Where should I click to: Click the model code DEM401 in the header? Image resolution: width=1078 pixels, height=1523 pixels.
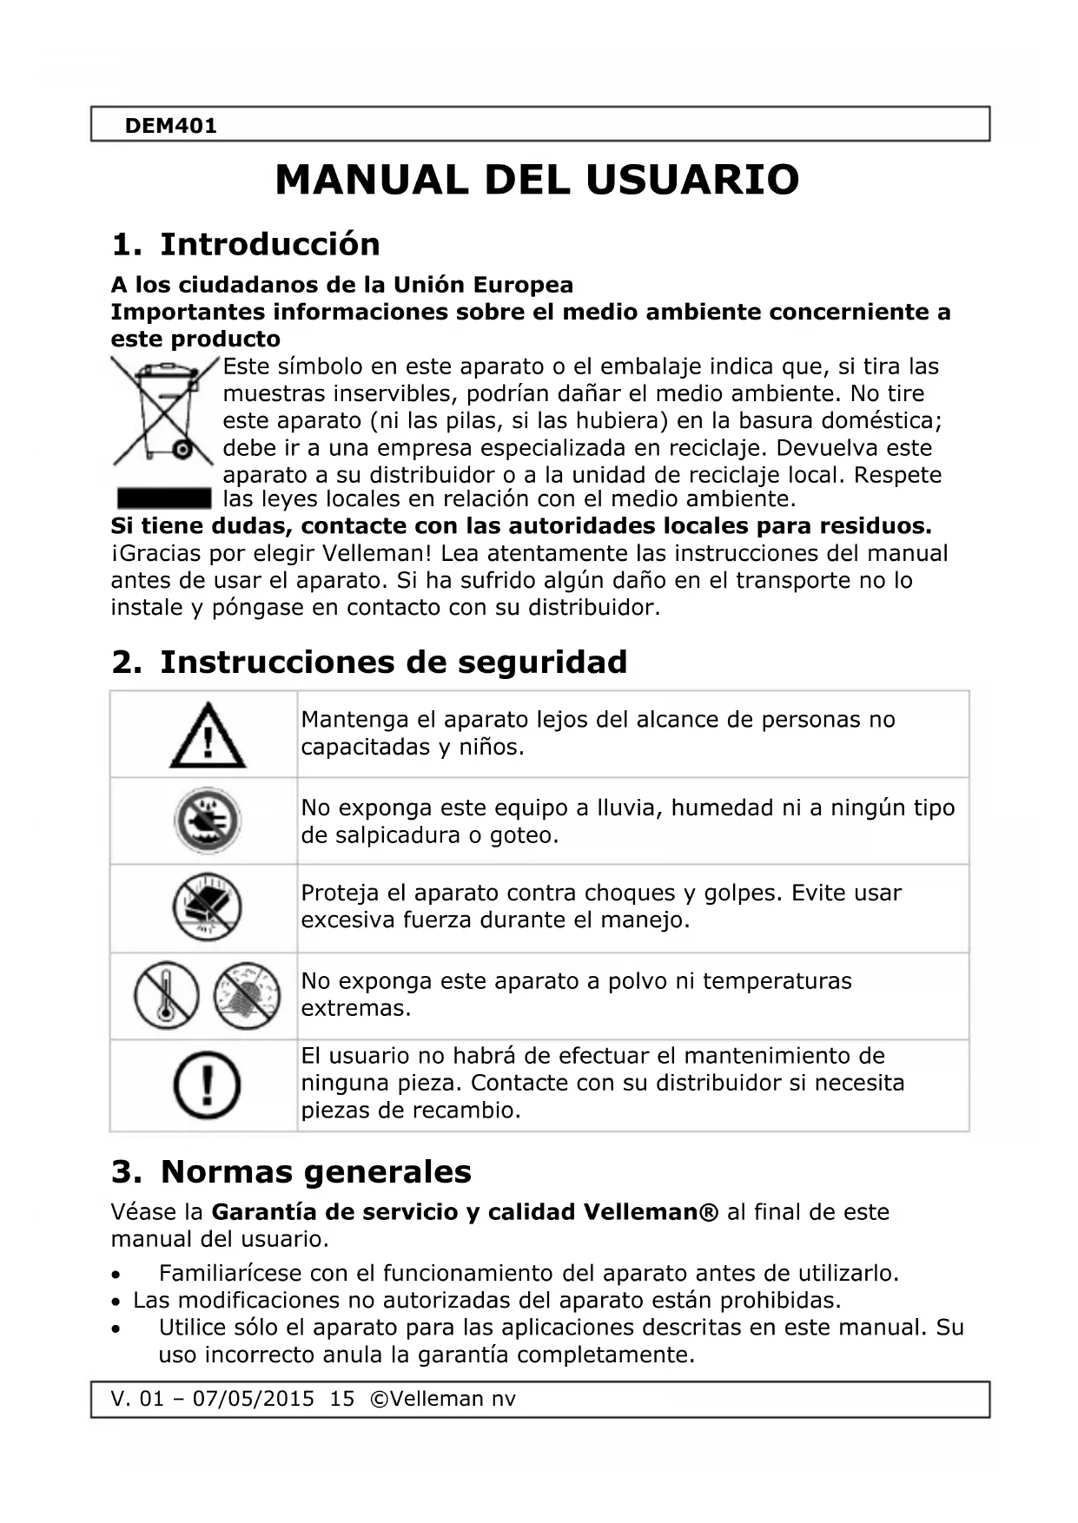[x=170, y=126]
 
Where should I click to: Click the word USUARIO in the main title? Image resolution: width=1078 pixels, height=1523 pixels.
[x=691, y=180]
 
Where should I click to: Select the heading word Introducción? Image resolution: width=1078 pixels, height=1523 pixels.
[x=270, y=244]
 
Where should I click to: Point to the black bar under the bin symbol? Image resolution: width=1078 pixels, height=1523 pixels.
[x=163, y=498]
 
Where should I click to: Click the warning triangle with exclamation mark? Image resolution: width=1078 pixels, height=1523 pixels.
[x=207, y=736]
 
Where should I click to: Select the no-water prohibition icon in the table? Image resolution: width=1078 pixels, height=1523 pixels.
[x=207, y=821]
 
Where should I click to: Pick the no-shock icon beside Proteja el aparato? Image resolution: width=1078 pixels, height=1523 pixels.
[x=207, y=907]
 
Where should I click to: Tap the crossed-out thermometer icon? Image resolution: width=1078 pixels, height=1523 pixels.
[x=166, y=995]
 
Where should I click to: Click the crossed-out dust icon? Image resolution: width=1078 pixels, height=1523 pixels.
[x=248, y=995]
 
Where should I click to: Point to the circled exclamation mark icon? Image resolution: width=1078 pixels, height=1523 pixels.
[x=207, y=1085]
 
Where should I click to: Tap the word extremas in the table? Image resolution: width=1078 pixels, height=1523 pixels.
[x=355, y=1009]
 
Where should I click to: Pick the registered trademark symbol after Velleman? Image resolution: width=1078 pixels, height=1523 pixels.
[x=710, y=1212]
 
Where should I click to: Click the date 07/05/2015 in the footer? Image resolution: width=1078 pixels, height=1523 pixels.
[x=253, y=1399]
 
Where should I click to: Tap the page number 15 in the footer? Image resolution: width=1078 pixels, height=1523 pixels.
[x=342, y=1399]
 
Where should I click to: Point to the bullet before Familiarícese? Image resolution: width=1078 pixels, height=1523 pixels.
[x=116, y=1276]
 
